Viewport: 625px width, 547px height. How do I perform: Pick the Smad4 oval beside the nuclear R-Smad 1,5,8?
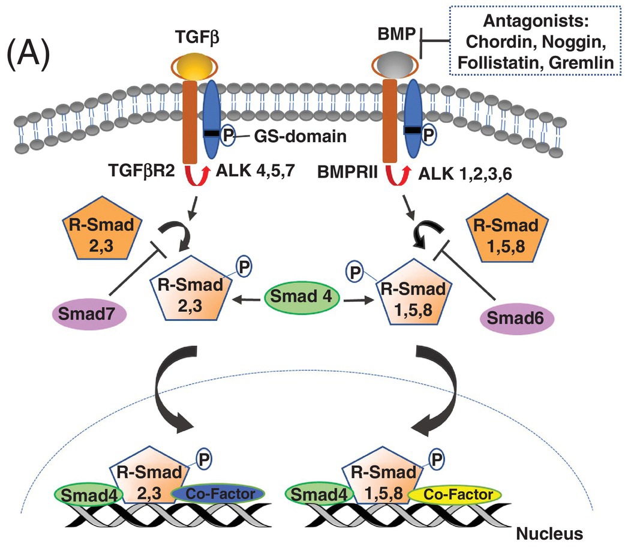click(x=319, y=495)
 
